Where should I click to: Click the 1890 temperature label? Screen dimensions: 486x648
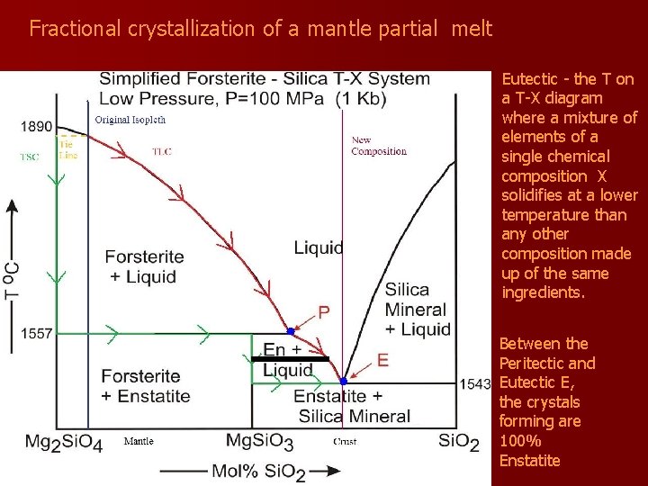37,127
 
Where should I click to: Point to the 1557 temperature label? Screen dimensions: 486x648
37,334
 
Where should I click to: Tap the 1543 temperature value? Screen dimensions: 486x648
475,383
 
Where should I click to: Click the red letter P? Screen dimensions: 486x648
324,311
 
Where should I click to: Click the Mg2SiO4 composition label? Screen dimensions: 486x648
62,442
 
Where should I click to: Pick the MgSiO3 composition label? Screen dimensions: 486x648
259,442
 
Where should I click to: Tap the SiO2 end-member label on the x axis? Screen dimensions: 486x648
458,442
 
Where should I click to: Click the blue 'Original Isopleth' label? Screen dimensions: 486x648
130,120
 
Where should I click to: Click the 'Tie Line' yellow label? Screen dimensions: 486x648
68,149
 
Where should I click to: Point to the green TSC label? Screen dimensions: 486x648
31,157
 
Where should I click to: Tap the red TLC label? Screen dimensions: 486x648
162,151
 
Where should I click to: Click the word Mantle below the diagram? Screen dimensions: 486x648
138,441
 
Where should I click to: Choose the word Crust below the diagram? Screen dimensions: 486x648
345,442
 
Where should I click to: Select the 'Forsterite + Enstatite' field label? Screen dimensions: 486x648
146,386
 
